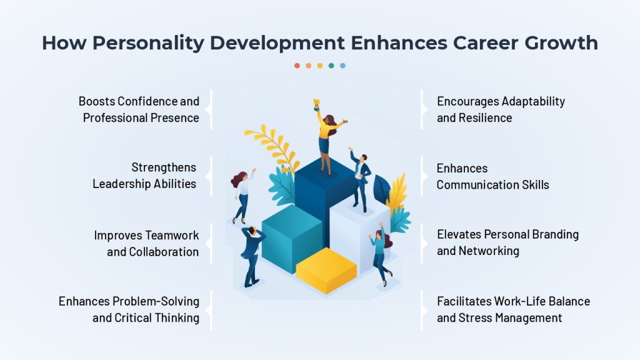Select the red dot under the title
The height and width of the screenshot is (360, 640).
[297, 66]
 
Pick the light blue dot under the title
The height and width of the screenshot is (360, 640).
[343, 66]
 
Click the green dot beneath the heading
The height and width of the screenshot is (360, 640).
[331, 66]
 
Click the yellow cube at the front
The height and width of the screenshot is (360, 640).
[326, 270]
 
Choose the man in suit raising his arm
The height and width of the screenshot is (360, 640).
[360, 179]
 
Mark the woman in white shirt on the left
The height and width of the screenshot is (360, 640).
[242, 196]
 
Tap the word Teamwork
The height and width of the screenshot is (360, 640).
[172, 236]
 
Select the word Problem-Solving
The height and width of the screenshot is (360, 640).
[156, 302]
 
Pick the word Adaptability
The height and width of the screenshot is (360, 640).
[533, 102]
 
